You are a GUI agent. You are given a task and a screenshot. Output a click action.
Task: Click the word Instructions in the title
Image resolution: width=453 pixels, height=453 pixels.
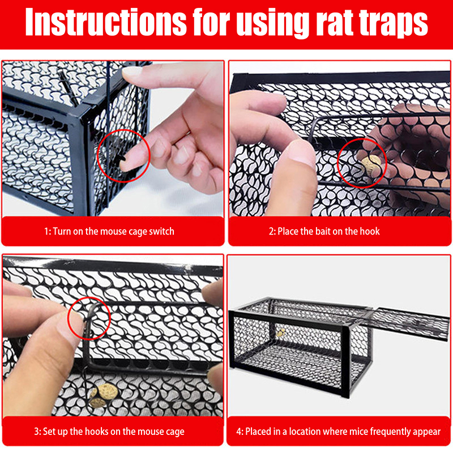pyautogui.click(x=106, y=22)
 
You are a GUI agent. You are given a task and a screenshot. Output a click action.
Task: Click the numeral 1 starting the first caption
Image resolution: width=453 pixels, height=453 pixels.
pyautogui.click(x=46, y=232)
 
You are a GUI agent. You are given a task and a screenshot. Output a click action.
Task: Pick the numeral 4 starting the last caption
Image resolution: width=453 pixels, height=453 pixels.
pyautogui.click(x=239, y=431)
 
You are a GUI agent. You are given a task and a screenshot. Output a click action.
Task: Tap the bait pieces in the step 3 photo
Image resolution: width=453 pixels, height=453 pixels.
pyautogui.click(x=104, y=395)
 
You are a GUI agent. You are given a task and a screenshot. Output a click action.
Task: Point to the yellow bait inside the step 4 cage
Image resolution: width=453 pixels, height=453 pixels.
pyautogui.click(x=280, y=333)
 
